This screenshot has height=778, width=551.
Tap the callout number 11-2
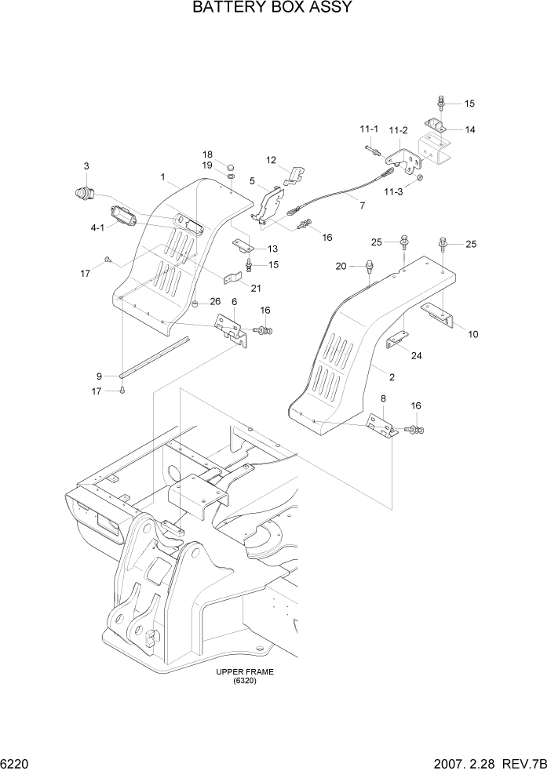(399, 129)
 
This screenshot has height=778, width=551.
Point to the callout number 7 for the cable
(362, 205)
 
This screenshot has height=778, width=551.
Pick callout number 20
(341, 266)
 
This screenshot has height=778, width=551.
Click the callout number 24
(416, 355)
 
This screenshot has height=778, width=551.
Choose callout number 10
(473, 334)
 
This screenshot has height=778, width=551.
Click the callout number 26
(214, 303)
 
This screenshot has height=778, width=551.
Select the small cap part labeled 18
(232, 167)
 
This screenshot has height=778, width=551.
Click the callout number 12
(271, 160)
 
